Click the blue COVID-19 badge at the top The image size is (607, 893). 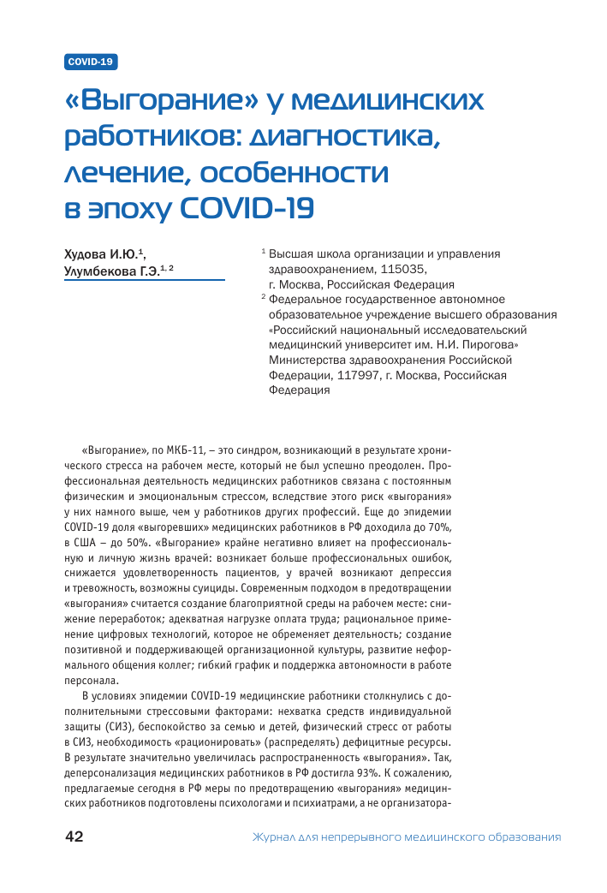click(91, 62)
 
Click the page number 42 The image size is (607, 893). click(74, 837)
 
